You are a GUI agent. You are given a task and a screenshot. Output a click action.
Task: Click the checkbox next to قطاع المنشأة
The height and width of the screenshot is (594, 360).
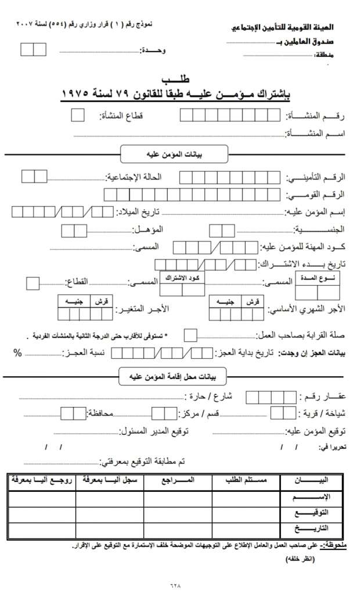coord(77,115)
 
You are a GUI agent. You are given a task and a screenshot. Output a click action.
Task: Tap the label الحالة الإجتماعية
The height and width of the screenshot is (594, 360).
coord(132,176)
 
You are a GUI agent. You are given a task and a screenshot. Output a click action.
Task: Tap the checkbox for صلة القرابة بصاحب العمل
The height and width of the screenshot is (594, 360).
coord(190,335)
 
